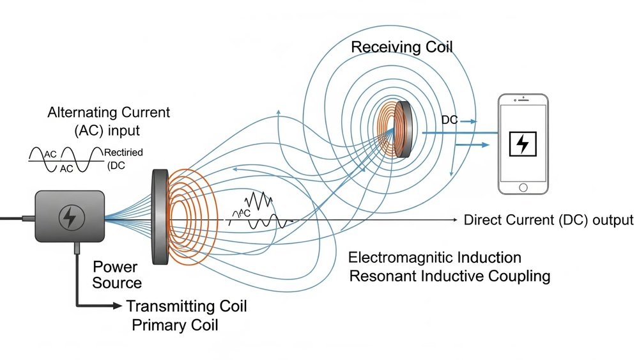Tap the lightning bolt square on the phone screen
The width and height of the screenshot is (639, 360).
(523, 143)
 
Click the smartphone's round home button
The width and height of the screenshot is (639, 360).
(523, 187)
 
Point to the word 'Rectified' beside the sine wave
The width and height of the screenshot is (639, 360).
(125, 152)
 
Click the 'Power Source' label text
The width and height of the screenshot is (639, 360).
(117, 274)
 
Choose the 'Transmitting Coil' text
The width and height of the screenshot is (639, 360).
(187, 306)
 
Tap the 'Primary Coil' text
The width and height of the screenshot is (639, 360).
(174, 325)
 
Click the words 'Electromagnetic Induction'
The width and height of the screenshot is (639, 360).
(435, 258)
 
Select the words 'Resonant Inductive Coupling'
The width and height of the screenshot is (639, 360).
(449, 276)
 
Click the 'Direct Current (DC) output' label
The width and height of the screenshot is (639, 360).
(548, 220)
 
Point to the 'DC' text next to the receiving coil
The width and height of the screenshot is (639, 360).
(449, 120)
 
